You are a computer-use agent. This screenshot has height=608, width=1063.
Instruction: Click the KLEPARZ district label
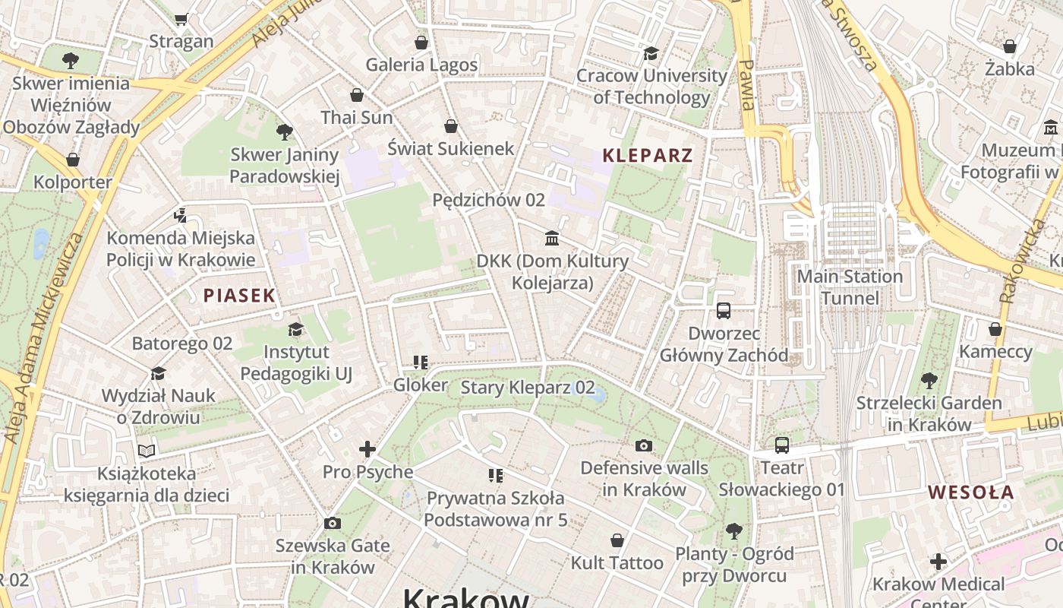point(647,156)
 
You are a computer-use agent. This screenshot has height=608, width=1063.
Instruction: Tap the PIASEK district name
point(238,296)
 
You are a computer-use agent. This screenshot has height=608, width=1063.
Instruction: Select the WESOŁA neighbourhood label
point(970,492)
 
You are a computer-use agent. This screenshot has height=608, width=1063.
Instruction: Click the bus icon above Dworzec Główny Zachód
point(723,311)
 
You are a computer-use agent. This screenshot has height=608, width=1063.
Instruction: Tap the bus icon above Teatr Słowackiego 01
point(781,445)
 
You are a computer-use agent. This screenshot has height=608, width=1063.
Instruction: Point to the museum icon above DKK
point(552,239)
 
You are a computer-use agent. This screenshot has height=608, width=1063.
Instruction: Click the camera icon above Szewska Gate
point(332,523)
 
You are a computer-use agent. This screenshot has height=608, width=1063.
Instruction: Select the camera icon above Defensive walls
point(644,445)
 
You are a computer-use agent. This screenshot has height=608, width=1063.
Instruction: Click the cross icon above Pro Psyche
point(367,449)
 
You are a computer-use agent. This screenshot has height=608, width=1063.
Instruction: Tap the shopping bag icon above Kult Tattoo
point(617,540)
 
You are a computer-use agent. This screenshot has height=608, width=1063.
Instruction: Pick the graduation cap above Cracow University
point(651,53)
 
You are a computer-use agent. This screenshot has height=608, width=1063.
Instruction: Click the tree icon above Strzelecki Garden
point(929,380)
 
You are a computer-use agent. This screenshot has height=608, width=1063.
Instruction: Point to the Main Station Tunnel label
point(850,287)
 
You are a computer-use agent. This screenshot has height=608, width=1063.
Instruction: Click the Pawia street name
point(746,85)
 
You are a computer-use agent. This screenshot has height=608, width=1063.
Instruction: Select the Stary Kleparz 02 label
point(528,388)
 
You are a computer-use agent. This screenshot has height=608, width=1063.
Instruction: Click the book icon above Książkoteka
point(146,451)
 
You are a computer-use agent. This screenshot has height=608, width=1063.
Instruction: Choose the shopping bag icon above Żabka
point(1009,46)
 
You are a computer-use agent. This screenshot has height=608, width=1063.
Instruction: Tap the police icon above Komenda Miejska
point(180,216)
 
